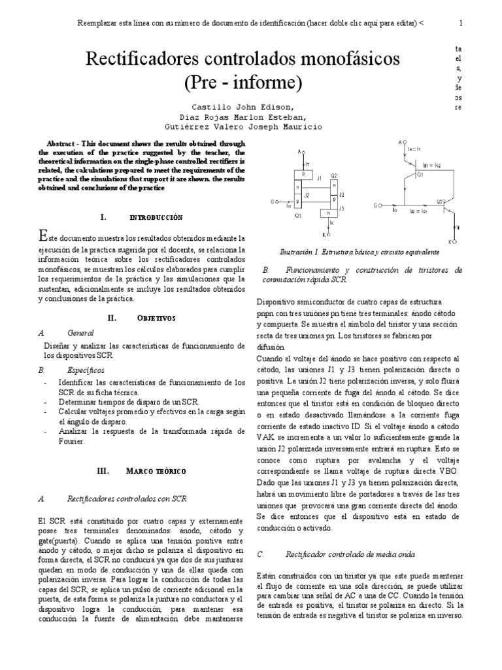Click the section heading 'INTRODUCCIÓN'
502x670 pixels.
coord(156,217)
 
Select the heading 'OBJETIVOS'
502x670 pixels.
coord(156,317)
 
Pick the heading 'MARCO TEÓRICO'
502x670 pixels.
coord(156,470)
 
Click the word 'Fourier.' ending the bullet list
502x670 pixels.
coord(72,443)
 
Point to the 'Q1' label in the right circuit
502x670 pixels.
coord(420,175)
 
